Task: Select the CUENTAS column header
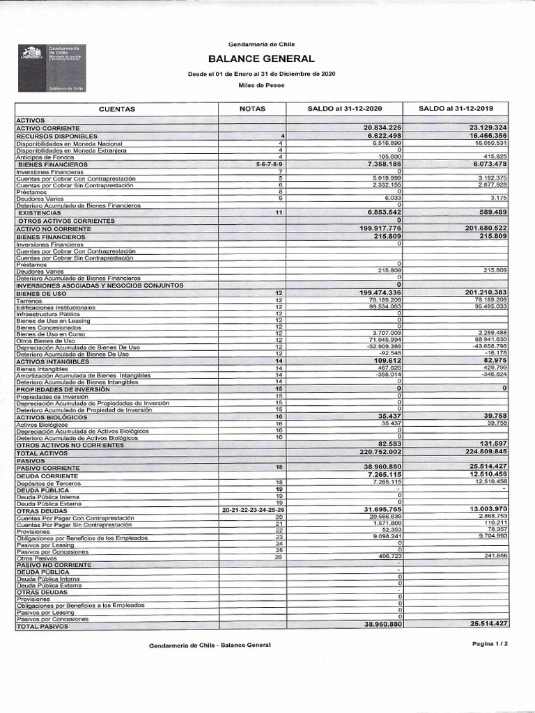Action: click(116, 109)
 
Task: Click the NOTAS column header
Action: click(252, 109)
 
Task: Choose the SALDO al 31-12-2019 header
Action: click(456, 109)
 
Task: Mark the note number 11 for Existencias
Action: click(279, 212)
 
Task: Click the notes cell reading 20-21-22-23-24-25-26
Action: click(253, 510)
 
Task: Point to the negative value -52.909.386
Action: click(380, 346)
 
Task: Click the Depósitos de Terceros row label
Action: click(45, 482)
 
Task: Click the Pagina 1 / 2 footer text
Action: click(490, 644)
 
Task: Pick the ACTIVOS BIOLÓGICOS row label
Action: click(52, 416)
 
